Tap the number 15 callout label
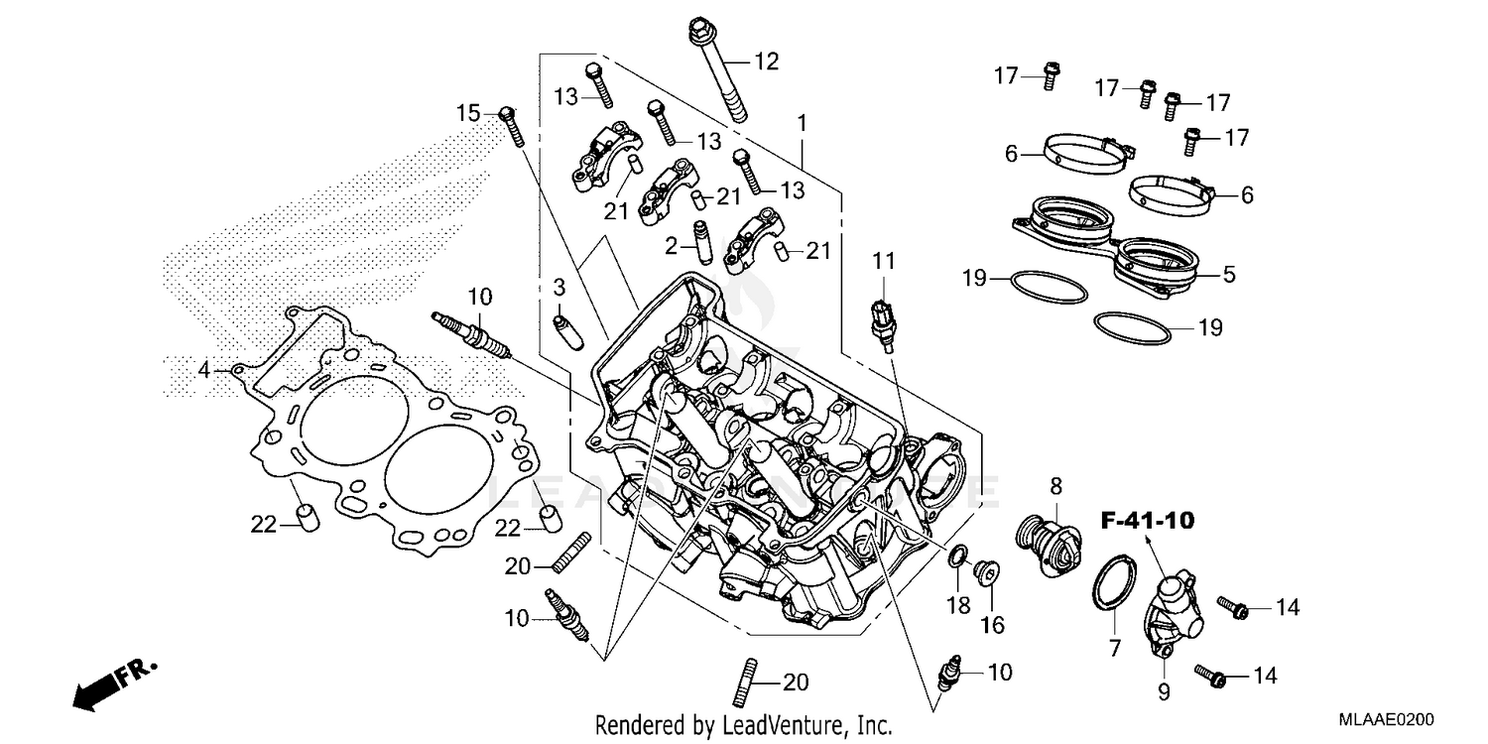(x=468, y=113)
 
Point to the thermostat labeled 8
(x=1048, y=546)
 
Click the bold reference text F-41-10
(x=1146, y=520)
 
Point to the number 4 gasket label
(x=203, y=370)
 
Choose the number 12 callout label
(x=766, y=62)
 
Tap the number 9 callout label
(x=1164, y=688)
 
